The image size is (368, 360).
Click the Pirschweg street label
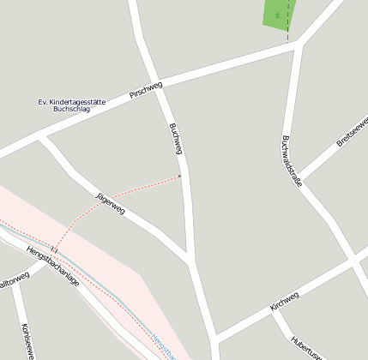[146, 90]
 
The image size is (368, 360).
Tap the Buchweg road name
[176, 139]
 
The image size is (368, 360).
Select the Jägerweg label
[111, 203]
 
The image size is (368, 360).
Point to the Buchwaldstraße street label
[292, 160]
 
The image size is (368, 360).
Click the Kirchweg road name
[284, 301]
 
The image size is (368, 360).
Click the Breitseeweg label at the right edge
[353, 132]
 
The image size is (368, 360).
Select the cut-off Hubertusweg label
[306, 347]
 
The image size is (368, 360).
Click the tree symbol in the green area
[276, 15]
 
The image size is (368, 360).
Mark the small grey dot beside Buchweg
[179, 176]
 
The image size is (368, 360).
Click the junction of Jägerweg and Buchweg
[189, 260]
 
